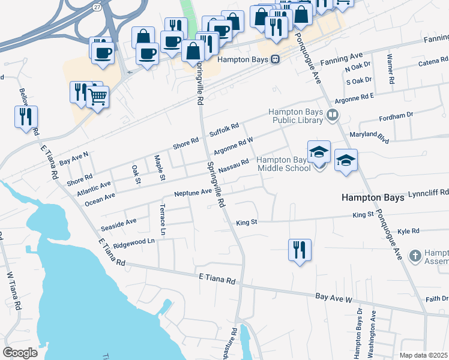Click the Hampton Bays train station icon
tap(276, 59)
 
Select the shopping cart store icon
tap(97, 96)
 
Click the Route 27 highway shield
tap(97, 7)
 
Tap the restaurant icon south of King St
tap(300, 249)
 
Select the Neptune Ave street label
tap(194, 193)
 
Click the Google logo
tap(20, 352)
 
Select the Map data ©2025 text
tap(423, 355)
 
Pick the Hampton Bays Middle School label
tap(284, 164)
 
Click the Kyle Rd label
tap(408, 230)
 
